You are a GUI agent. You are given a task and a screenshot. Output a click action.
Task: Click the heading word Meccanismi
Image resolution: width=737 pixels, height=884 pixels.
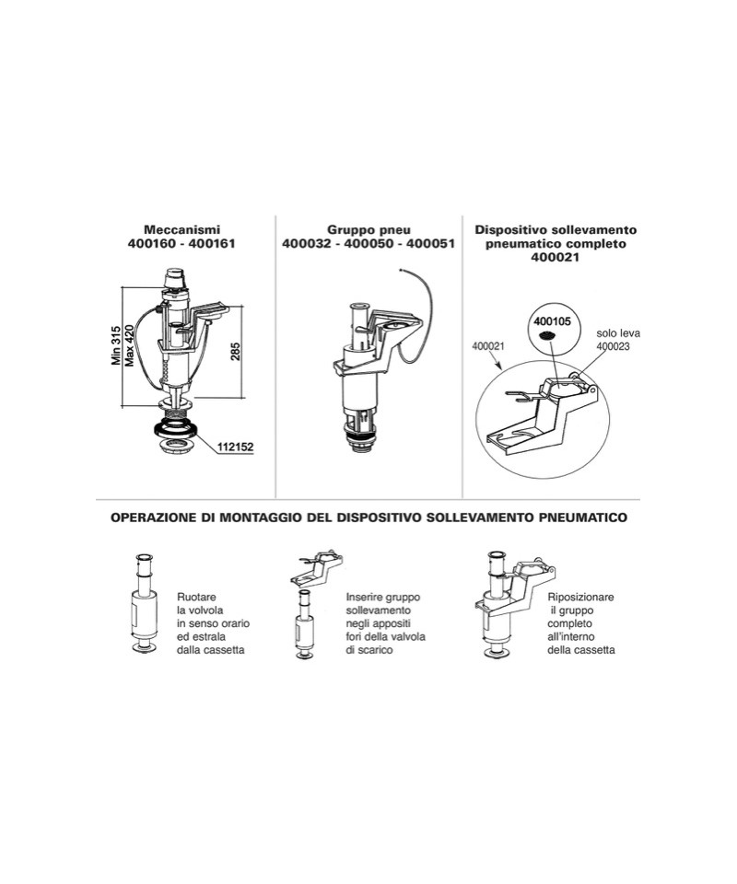point(181,230)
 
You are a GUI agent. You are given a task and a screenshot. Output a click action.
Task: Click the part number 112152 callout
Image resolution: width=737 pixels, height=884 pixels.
point(236,448)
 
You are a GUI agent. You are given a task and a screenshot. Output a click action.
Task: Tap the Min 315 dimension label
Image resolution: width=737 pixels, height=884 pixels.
point(116,345)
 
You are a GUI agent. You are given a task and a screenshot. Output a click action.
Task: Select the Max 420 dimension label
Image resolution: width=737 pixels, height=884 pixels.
point(130,345)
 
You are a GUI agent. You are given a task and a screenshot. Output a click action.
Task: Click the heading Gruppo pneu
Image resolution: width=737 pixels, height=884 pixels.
point(368,230)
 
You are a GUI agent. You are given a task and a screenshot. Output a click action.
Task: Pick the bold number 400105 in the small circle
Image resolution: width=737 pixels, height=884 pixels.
point(552,321)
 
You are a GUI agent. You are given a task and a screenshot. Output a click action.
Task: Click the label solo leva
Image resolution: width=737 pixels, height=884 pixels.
point(618,333)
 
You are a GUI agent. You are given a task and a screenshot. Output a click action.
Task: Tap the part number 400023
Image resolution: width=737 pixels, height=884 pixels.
point(613,346)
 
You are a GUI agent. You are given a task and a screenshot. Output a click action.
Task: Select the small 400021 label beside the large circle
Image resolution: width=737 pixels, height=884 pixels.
point(487,346)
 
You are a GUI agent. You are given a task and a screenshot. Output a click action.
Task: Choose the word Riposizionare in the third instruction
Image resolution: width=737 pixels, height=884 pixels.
point(580,597)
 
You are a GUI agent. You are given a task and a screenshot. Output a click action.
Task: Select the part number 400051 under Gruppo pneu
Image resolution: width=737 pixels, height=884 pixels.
point(431,244)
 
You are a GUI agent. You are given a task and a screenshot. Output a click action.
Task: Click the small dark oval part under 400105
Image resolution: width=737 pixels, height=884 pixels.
point(545,336)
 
